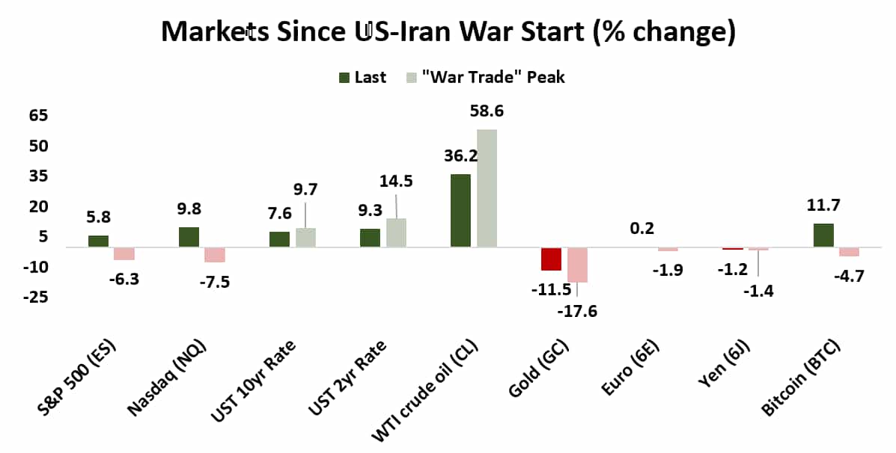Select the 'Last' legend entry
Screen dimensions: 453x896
(x=364, y=77)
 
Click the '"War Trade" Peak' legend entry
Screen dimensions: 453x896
(x=485, y=77)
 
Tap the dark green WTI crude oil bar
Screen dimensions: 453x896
(x=460, y=210)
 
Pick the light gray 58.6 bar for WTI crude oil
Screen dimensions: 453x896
(x=487, y=188)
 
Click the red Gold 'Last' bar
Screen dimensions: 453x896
(x=551, y=259)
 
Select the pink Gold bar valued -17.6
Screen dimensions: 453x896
(x=577, y=265)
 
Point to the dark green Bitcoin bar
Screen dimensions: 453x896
(x=823, y=235)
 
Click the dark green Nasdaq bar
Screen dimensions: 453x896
(x=189, y=237)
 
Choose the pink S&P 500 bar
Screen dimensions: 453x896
(x=124, y=253)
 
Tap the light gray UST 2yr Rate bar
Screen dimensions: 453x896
(x=396, y=232)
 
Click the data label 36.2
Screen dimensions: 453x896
(x=460, y=157)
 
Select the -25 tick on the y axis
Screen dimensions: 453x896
(x=35, y=298)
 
